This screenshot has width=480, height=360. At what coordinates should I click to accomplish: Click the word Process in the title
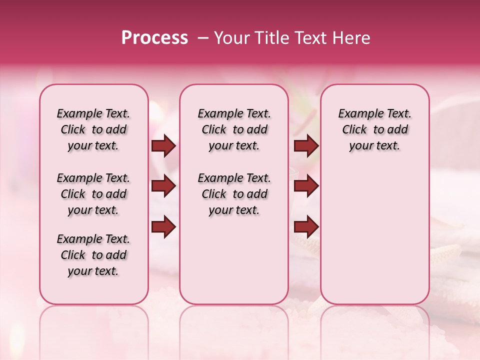154,38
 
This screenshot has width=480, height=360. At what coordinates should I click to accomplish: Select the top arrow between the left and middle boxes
163,146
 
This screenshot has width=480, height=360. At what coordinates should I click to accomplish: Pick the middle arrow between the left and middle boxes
163,186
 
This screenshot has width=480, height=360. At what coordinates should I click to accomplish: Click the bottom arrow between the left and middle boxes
163,227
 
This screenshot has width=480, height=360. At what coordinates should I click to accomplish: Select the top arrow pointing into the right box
305,146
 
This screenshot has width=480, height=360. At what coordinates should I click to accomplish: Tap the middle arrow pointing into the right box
305,186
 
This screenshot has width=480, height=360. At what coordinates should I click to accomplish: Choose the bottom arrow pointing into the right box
305,227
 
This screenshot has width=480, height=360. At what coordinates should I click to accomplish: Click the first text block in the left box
93,129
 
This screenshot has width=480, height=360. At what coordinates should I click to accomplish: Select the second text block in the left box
93,194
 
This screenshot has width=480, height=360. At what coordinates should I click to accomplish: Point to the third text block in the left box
93,255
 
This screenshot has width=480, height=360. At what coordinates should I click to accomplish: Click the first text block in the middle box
234,129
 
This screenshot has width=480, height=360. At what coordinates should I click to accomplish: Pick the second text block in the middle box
234,194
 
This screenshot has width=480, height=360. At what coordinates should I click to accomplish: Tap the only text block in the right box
375,129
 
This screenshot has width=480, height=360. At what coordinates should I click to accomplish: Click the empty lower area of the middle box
234,260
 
